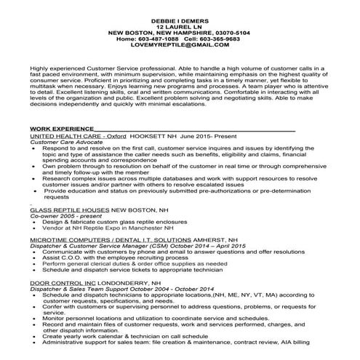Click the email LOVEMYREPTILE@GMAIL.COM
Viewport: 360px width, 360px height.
click(179, 40)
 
